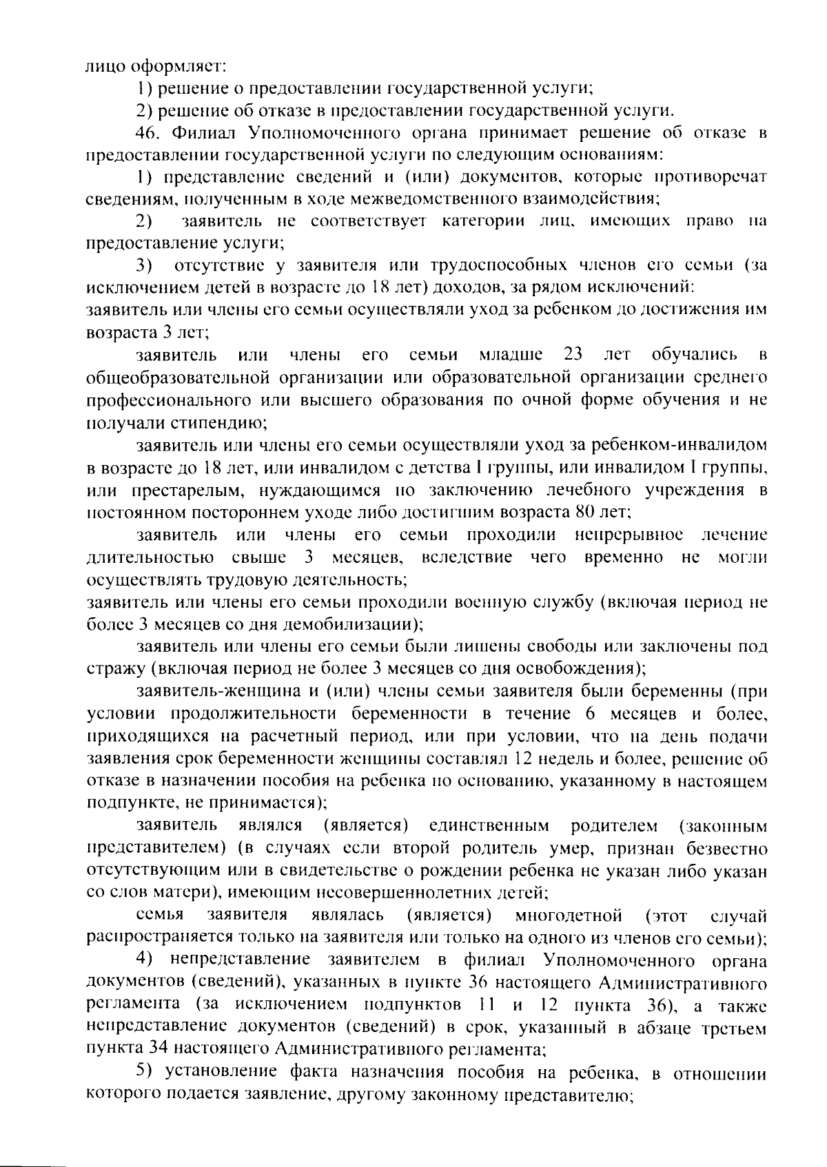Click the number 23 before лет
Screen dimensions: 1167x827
(573, 355)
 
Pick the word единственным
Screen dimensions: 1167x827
(489, 825)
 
